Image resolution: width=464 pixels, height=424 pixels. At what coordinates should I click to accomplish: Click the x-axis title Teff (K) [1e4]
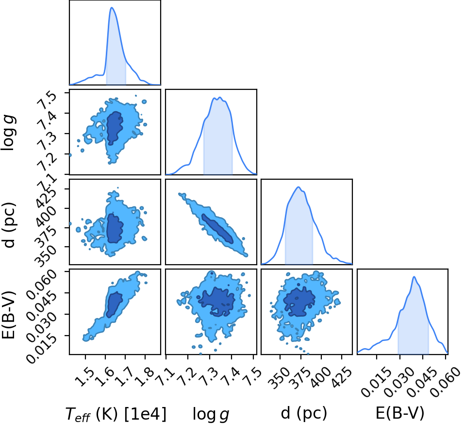(x=116, y=414)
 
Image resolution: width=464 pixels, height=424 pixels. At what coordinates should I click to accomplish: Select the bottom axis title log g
(x=211, y=414)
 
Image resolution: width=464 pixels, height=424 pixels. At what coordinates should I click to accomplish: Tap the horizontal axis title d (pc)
(x=304, y=413)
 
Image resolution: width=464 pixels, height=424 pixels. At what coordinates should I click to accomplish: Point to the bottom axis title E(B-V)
(x=400, y=413)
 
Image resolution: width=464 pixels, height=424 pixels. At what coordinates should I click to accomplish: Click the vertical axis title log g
(x=8, y=133)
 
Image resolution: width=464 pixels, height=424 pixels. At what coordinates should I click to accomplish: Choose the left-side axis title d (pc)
(x=9, y=225)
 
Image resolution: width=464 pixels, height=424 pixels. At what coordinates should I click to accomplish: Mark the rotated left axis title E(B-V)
(x=9, y=314)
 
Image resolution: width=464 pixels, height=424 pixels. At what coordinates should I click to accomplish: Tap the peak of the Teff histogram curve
(x=112, y=7)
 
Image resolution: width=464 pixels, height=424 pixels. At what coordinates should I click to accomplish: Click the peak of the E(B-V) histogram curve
(x=414, y=276)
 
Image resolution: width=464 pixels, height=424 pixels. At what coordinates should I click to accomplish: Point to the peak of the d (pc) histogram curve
(x=298, y=187)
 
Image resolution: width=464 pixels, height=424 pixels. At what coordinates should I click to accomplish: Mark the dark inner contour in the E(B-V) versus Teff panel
(x=115, y=305)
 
